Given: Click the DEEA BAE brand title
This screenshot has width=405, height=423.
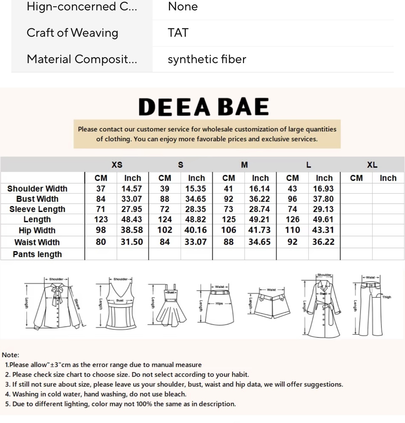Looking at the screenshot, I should point(203,107).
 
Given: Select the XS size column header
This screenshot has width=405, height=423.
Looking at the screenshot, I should point(117,165).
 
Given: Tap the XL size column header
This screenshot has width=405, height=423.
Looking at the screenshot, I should point(372,165).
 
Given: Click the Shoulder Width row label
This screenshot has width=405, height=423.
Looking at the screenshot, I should point(37,189).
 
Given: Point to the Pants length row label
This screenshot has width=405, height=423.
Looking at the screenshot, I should point(37,254).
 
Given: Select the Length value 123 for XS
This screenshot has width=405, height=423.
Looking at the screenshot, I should point(101,220).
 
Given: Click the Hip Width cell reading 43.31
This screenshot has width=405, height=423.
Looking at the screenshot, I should point(323,230).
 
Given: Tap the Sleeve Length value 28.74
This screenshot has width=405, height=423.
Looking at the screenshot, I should point(259,209).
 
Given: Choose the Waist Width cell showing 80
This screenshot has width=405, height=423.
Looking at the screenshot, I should point(101,242).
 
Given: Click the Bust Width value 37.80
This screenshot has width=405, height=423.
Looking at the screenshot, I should point(323,199).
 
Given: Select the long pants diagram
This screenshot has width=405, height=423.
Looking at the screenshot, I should point(370,306).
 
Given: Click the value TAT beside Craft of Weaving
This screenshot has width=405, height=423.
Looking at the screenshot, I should point(178,33).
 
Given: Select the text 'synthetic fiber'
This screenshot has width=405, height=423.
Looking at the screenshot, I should point(207,59).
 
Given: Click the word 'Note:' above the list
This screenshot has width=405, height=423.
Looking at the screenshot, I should point(10,355).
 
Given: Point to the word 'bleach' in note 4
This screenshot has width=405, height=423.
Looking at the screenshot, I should point(176,394).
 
